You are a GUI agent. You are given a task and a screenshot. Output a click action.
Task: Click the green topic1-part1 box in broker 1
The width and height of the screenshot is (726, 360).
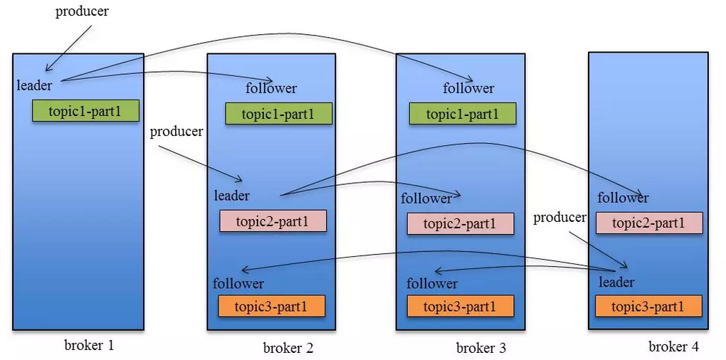(x=85, y=110)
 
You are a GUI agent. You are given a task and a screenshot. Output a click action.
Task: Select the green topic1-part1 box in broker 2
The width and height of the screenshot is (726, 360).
(x=279, y=113)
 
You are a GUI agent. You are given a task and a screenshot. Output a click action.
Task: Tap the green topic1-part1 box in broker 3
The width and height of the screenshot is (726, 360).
(x=462, y=113)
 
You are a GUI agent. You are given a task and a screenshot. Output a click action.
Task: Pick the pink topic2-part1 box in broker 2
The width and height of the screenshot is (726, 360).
(x=273, y=221)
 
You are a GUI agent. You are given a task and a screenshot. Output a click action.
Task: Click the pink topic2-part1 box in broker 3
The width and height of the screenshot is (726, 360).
(x=461, y=223)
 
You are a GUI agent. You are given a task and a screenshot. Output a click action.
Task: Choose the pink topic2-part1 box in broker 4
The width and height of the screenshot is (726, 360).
(x=649, y=223)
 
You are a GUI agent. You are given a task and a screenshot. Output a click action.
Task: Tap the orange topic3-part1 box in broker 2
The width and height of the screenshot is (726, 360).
(x=271, y=306)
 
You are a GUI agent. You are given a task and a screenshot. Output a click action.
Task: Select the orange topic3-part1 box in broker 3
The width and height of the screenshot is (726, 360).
(x=461, y=306)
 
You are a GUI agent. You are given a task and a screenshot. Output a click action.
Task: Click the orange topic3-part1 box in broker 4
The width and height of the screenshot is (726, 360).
(x=648, y=306)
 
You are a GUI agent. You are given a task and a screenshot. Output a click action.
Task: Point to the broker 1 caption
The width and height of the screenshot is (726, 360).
(x=89, y=345)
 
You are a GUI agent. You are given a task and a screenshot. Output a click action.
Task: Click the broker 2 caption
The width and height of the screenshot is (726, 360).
(x=288, y=347)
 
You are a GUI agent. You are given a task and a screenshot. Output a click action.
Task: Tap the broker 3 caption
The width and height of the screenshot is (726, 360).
(x=481, y=347)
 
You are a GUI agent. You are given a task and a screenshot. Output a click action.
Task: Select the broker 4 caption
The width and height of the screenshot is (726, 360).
(x=673, y=346)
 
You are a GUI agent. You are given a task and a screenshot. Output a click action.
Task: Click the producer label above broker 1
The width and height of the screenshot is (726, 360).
(x=82, y=11)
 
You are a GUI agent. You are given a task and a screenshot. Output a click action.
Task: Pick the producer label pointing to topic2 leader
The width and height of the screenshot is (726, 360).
(x=177, y=132)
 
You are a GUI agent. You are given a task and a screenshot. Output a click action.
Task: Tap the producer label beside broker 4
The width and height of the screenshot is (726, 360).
(x=559, y=218)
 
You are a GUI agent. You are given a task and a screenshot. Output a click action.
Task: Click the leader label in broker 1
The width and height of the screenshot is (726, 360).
(x=34, y=85)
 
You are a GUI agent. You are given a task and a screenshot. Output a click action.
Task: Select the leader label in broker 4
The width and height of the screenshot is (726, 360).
(x=616, y=281)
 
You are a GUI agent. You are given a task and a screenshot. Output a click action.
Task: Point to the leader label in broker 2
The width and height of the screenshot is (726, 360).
(x=231, y=195)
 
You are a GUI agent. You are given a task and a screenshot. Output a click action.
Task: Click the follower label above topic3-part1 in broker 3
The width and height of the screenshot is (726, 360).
(x=432, y=283)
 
